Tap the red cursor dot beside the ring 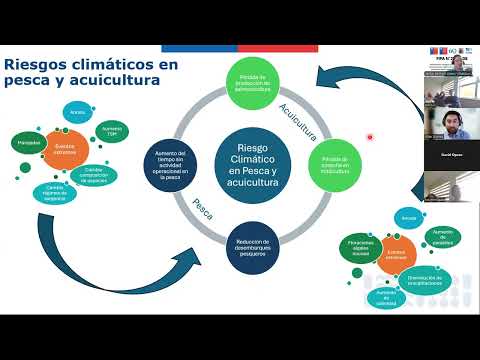pyautogui.click(x=370, y=137)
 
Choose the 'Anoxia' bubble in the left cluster pyautogui.click(x=77, y=113)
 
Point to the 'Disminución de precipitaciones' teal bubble pyautogui.click(x=426, y=281)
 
